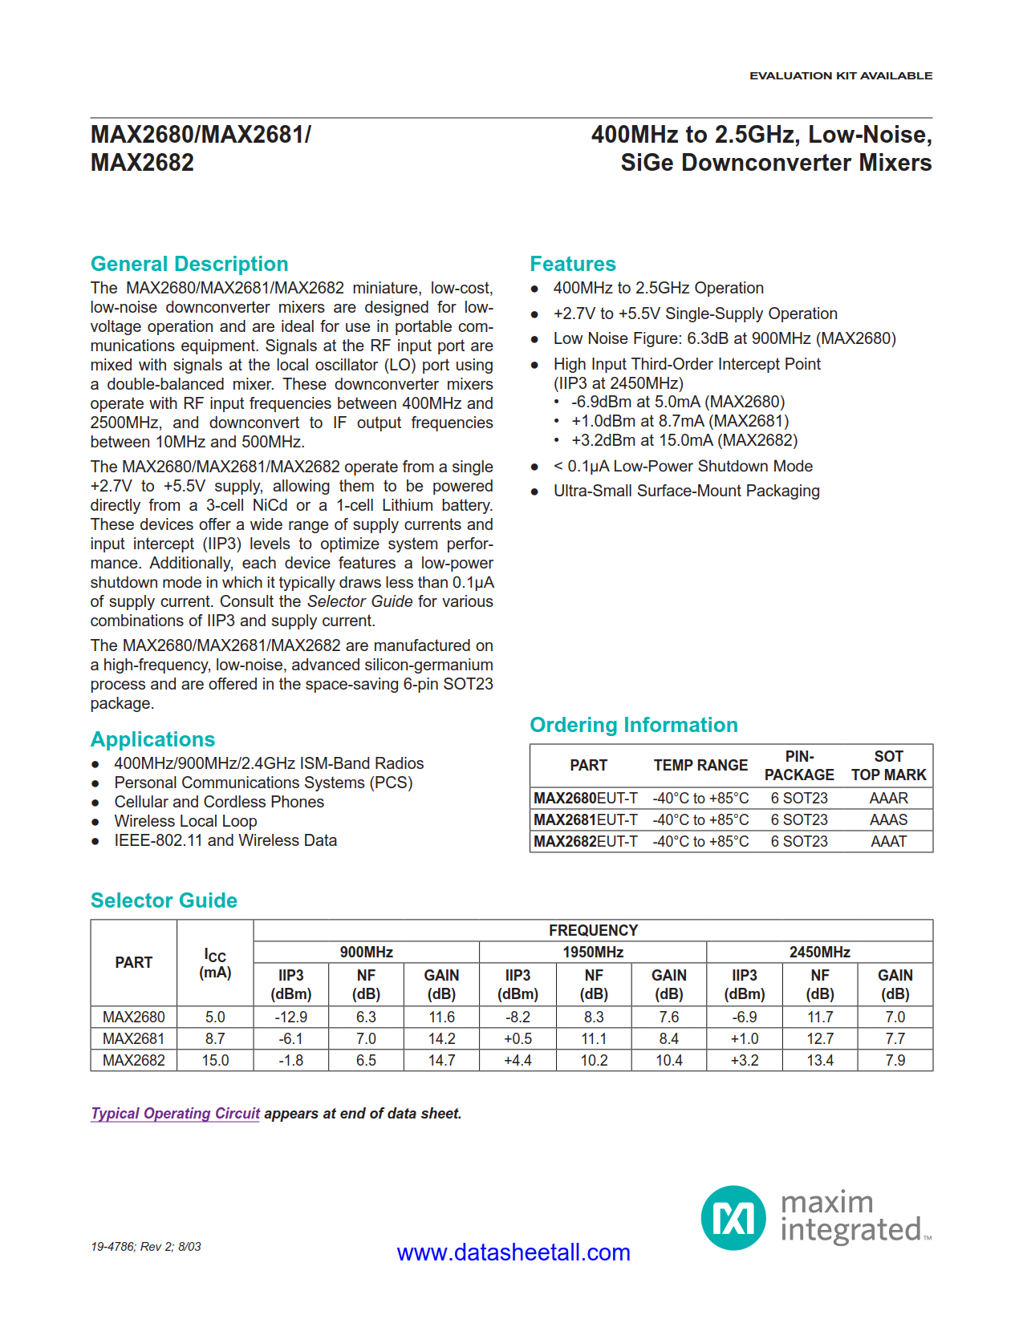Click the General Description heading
point(189,264)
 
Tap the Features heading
point(572,264)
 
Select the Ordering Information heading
point(633,725)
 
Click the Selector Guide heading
point(164,900)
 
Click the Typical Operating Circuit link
point(175,1113)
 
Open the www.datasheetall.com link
point(514,1252)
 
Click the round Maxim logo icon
point(733,1218)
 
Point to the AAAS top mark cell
point(888,819)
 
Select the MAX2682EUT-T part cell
point(586,841)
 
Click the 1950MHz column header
point(593,952)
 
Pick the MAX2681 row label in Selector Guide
point(133,1038)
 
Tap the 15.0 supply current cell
point(215,1060)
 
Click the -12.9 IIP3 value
point(290,1017)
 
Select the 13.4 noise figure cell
point(819,1060)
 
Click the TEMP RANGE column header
point(700,765)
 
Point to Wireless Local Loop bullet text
point(185,821)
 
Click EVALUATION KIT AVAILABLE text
point(840,75)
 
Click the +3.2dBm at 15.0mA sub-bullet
point(684,440)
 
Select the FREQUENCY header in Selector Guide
point(593,930)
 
